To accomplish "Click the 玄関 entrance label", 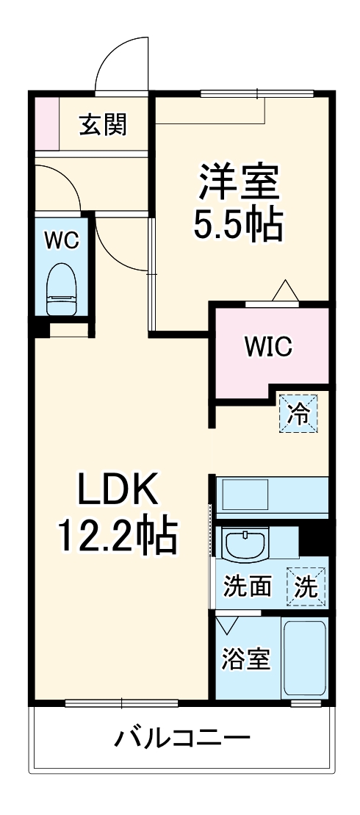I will (x=104, y=125).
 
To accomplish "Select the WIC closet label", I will (x=268, y=345).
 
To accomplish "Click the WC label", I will (x=62, y=240).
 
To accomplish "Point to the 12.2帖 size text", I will (x=118, y=536).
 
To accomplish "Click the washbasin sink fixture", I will (x=245, y=545).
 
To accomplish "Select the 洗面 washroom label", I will (x=248, y=586).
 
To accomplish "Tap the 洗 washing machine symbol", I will (x=306, y=586).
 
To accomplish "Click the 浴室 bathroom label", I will (x=246, y=658).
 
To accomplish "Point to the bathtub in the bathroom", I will (x=304, y=659).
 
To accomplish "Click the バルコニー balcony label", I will (x=181, y=736).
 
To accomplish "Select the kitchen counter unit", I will (x=272, y=495).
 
